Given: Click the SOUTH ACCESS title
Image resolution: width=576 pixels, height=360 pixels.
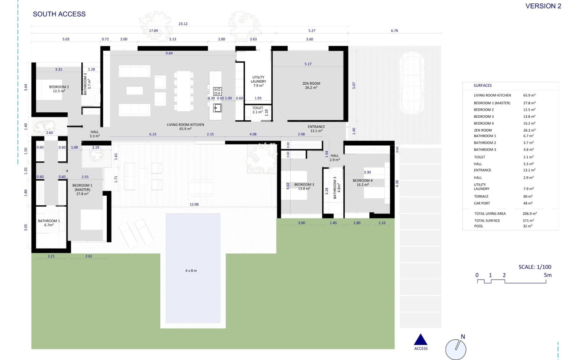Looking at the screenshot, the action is pos(59,14).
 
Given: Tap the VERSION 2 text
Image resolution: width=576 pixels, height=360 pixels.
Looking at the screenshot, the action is pos(543,6).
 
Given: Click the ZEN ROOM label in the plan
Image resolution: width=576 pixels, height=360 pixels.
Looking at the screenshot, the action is pos(311,86).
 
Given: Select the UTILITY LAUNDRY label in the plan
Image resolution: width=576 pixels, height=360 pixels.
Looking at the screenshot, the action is pos(258,81).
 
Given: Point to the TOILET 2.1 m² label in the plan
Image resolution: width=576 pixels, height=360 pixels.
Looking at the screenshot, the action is pos(258,110).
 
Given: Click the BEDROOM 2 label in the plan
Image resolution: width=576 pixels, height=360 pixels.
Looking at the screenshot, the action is pos(59,89).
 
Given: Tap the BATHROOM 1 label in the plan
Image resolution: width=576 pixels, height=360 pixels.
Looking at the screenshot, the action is pos(49,223).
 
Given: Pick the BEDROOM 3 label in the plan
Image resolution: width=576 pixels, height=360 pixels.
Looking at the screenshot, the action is pos(304,186).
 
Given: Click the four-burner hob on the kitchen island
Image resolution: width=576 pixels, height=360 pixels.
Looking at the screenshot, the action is pos(217,91).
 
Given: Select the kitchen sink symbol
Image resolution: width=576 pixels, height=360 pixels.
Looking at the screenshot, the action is pos(217,108).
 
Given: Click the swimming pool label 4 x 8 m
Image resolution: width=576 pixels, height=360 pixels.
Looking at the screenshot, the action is pos(191,271).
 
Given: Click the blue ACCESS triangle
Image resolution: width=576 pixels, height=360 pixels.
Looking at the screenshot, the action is pos(421,339).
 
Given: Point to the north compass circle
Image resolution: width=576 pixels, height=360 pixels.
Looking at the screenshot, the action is pos(456,350).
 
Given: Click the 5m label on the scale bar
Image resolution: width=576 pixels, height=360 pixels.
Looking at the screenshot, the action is pos(548,275).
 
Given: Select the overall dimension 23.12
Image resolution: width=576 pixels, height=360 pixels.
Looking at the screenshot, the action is pos(183,24).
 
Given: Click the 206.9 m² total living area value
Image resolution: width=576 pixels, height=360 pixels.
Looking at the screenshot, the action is pos(530,213).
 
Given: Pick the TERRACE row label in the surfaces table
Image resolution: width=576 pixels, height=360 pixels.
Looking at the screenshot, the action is pos(481,197).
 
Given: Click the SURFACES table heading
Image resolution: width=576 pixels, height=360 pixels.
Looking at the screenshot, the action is pos(482,86).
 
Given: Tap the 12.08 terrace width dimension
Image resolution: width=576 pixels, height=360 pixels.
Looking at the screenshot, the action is pos(194,205).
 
